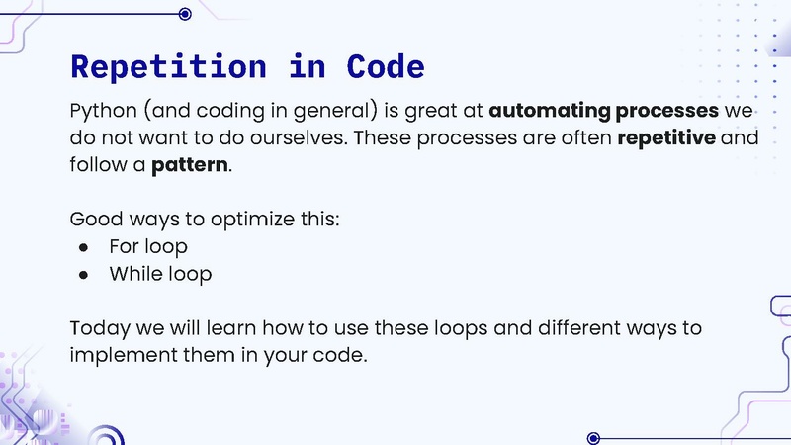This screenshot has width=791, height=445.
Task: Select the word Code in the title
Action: (x=386, y=66)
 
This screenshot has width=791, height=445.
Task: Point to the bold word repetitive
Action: (x=666, y=136)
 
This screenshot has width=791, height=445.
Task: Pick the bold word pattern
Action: (x=189, y=164)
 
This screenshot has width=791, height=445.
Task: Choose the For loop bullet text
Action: (x=148, y=246)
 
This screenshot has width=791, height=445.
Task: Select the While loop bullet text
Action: (x=160, y=274)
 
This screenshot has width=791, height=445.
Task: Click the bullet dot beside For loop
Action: (x=84, y=247)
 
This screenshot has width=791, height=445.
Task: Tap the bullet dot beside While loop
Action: (x=84, y=275)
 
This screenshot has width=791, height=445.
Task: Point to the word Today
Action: (x=97, y=328)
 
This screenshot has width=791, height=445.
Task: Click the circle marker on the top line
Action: (x=185, y=13)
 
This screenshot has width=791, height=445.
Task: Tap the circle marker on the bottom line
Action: (x=593, y=437)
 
